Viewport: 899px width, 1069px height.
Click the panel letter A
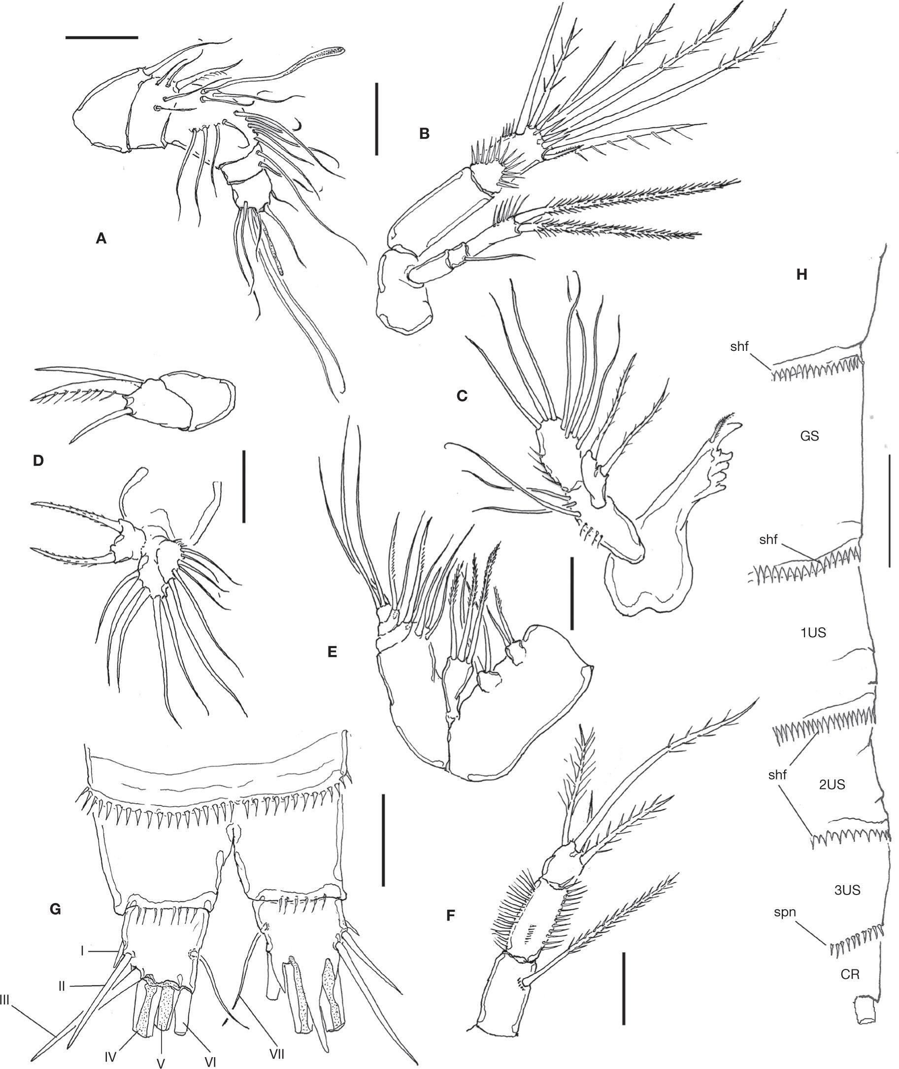(x=101, y=238)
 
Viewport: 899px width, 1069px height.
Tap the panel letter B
(x=424, y=134)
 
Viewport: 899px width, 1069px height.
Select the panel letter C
(x=462, y=395)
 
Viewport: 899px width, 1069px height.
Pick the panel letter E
(x=333, y=652)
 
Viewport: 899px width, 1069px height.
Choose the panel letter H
(x=802, y=275)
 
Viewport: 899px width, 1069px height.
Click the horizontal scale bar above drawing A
(x=101, y=37)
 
